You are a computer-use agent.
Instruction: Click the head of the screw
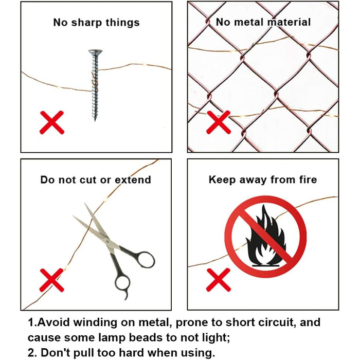pos(95,52)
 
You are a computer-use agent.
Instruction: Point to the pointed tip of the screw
pos(95,120)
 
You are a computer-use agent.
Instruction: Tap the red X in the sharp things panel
pos(52,122)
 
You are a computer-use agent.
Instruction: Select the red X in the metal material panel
pos(219,122)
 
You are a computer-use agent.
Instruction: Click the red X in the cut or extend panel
pos(51,280)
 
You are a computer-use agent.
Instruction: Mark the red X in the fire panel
pos(219,280)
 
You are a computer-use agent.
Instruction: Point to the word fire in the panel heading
pos(308,179)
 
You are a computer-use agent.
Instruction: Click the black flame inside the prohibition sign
pos(266,236)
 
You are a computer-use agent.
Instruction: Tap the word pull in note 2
pos(84,353)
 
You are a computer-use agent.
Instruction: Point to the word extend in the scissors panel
pos(133,180)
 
